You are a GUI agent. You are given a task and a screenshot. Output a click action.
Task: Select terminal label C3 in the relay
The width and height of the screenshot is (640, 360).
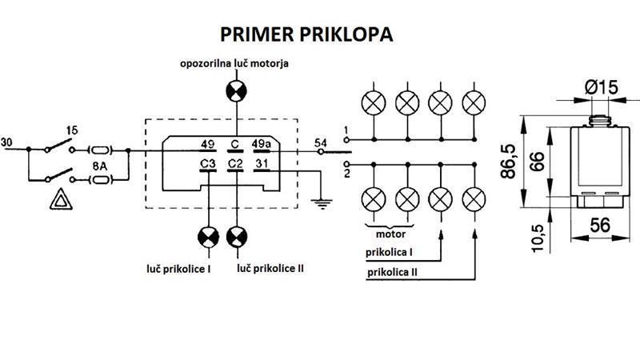pyautogui.click(x=208, y=164)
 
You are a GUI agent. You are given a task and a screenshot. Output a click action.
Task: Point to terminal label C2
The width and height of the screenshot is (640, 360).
pyautogui.click(x=235, y=164)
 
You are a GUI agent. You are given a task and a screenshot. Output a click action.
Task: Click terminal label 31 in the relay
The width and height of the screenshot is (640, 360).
pyautogui.click(x=262, y=164)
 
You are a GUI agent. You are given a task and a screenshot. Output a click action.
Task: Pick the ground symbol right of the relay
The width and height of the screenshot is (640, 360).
pyautogui.click(x=321, y=203)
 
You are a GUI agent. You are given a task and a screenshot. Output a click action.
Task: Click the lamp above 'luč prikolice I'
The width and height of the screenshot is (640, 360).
pyautogui.click(x=208, y=237)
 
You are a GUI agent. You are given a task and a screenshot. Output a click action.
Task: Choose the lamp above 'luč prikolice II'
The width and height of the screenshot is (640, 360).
pyautogui.click(x=236, y=237)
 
